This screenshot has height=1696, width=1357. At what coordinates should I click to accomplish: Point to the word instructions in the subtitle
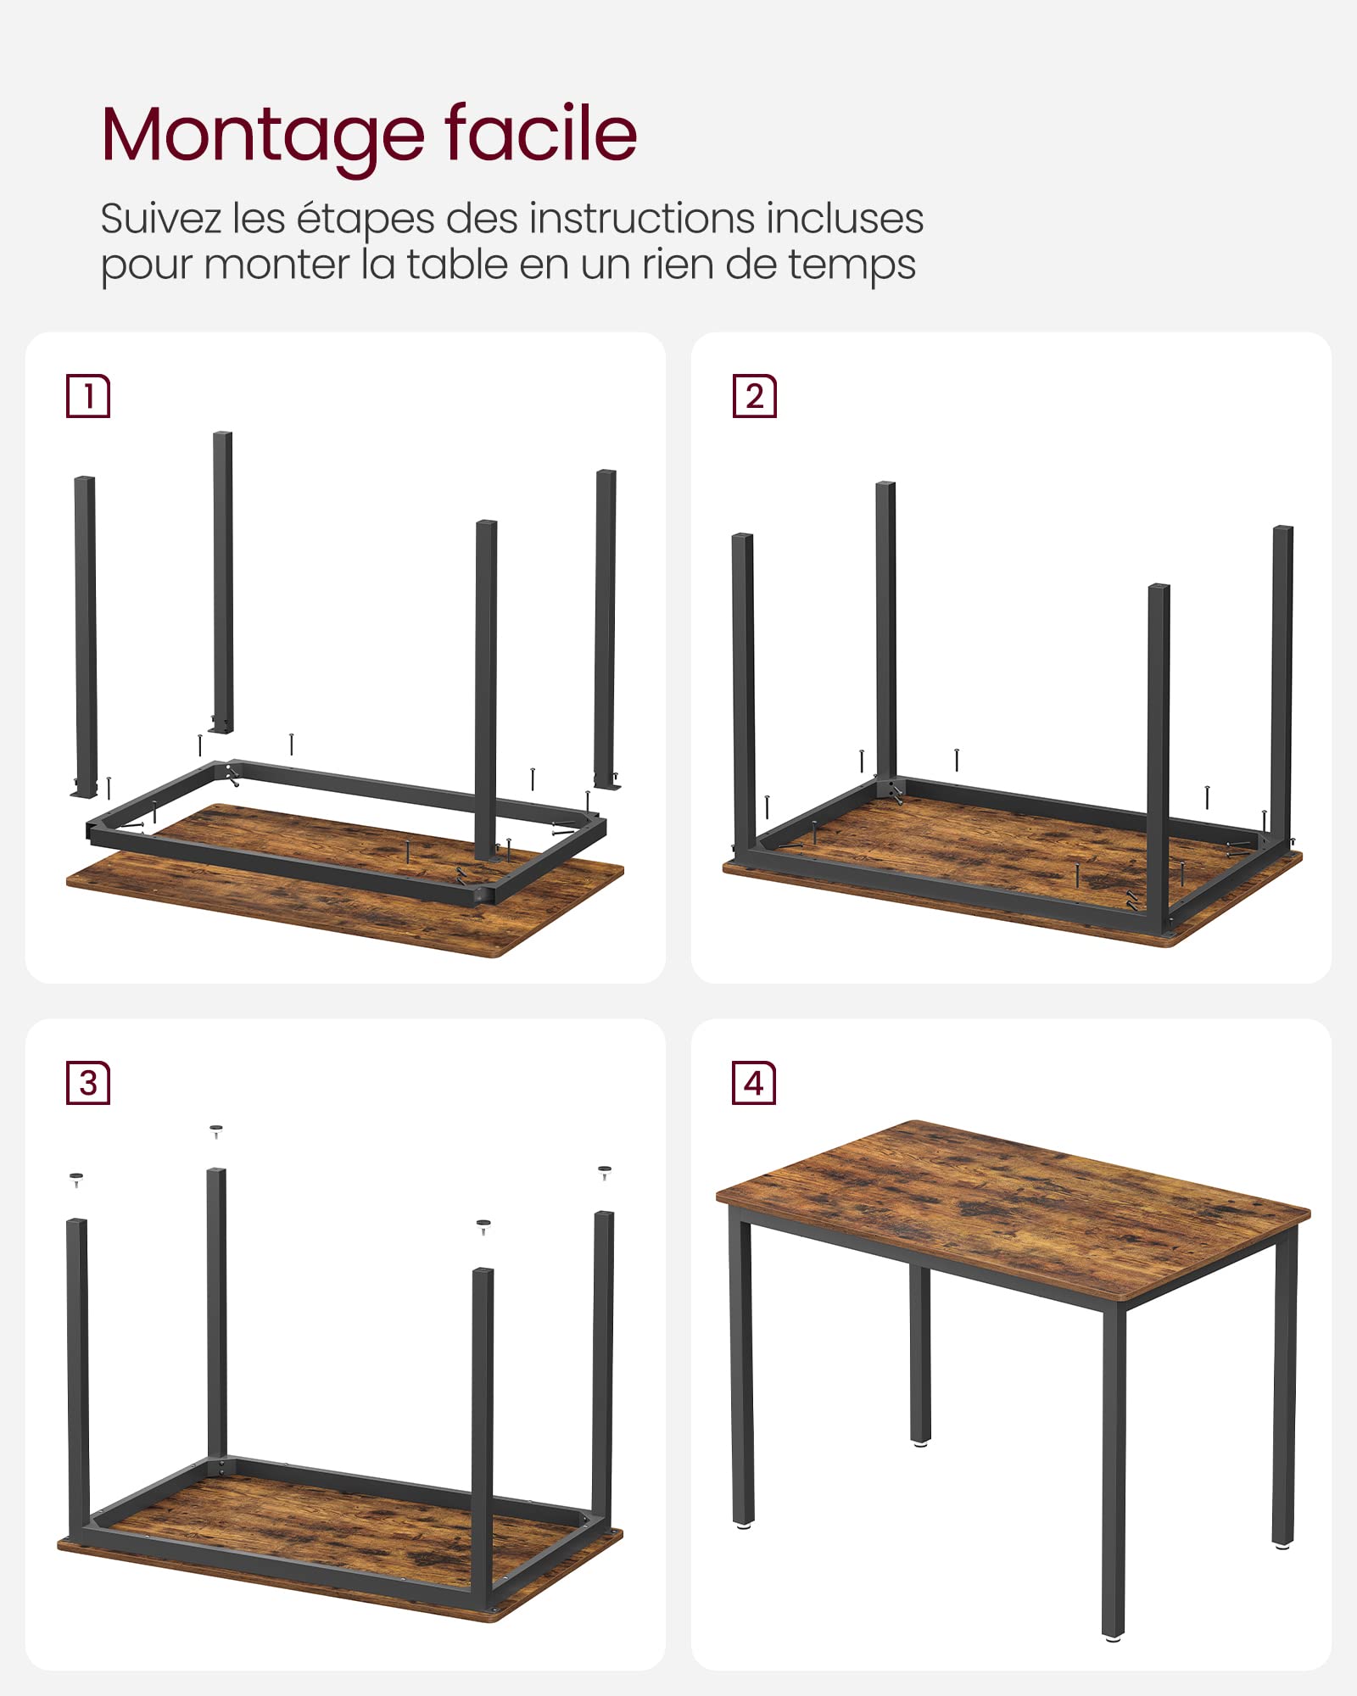coord(641,218)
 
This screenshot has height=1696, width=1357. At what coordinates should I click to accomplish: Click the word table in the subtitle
coord(458,264)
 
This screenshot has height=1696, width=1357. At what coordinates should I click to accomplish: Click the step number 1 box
coord(88,396)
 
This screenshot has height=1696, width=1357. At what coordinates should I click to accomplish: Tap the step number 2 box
coord(755,396)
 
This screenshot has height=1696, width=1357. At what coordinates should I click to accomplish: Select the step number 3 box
coord(88,1083)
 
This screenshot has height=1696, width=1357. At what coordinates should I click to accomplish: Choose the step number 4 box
coord(754,1083)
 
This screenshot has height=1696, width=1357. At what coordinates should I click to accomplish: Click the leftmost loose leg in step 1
coord(86,636)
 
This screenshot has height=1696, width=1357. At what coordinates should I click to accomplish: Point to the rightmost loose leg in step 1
coord(606,628)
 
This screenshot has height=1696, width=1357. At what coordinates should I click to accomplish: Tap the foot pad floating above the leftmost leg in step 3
coord(76,1178)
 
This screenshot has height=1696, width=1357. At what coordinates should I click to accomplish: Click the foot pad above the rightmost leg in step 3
coord(605,1172)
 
